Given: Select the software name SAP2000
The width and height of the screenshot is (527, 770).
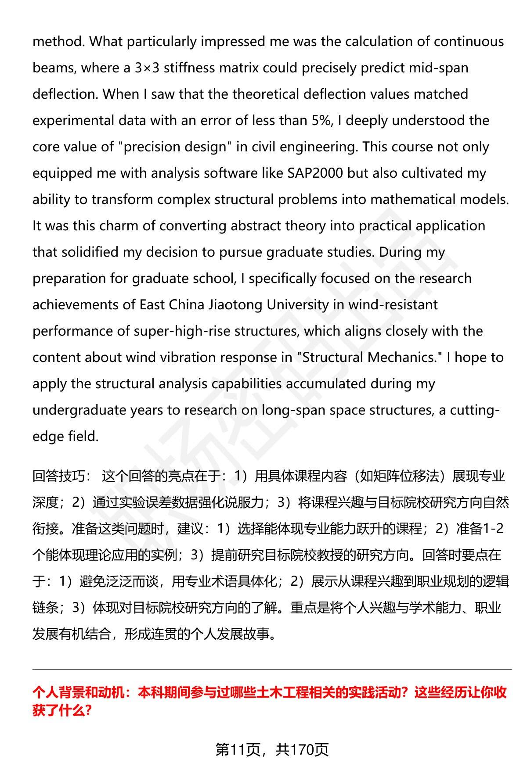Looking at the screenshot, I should pyautogui.click(x=315, y=173).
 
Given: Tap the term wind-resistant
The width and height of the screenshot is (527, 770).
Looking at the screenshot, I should pyautogui.click(x=393, y=305).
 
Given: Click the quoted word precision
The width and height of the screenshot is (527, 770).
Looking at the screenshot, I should pyautogui.click(x=154, y=147).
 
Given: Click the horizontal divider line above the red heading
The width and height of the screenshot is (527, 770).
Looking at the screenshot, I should pyautogui.click(x=272, y=670).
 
